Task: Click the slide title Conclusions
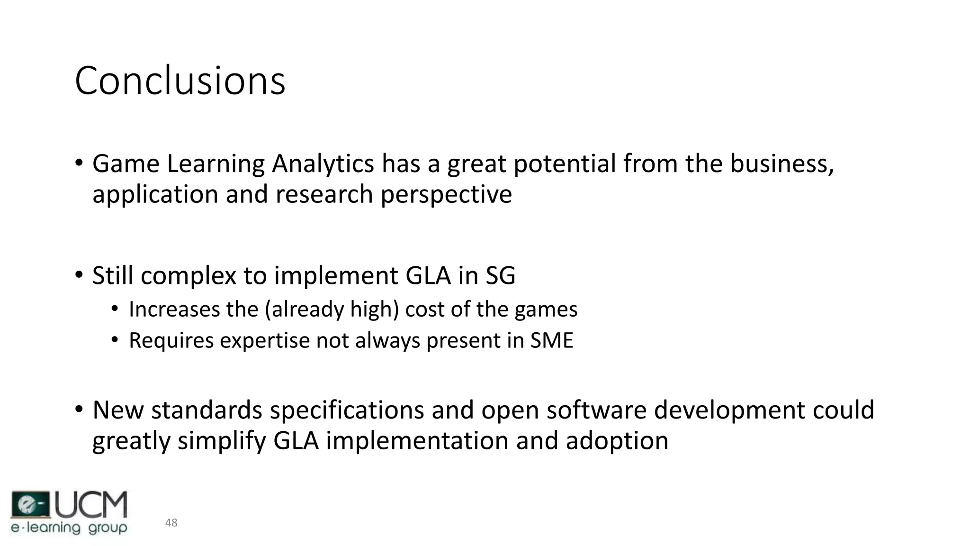point(180,81)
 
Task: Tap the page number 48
point(171,523)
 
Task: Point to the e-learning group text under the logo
point(69,528)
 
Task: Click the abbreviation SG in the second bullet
point(500,275)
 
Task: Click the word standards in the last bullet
point(207,410)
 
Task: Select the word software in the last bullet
point(596,410)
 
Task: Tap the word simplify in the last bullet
point(221,441)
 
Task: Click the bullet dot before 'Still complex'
point(79,275)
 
